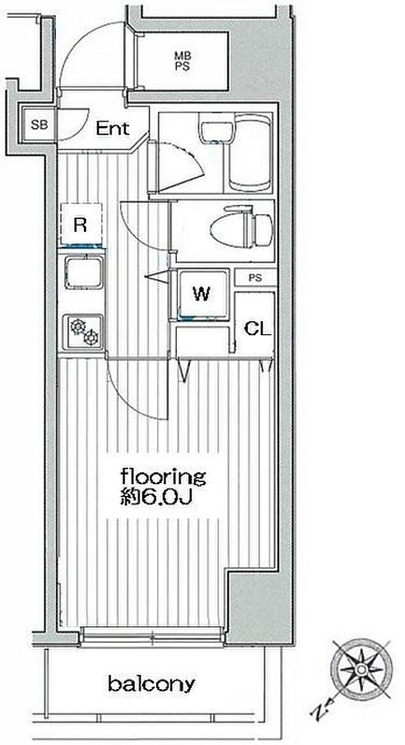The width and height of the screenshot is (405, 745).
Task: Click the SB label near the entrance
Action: pyautogui.click(x=39, y=125)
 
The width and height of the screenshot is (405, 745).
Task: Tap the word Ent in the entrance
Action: pyautogui.click(x=112, y=129)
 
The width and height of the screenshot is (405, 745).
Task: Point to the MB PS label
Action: pyautogui.click(x=183, y=61)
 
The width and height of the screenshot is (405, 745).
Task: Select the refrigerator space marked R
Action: pyautogui.click(x=81, y=225)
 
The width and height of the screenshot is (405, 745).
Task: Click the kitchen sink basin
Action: pyautogui.click(x=83, y=272)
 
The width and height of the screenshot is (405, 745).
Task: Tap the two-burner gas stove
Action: pyautogui.click(x=83, y=332)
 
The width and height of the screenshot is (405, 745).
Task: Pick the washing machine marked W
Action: pyautogui.click(x=202, y=294)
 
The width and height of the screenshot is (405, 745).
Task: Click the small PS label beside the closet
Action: pyautogui.click(x=255, y=278)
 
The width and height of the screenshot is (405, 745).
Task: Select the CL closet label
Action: pyautogui.click(x=257, y=329)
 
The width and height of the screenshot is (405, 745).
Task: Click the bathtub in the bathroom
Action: pyautogui.click(x=251, y=152)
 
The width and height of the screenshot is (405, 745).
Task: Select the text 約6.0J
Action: pyautogui.click(x=155, y=498)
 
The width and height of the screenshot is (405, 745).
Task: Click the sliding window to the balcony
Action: pyautogui.click(x=152, y=637)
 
